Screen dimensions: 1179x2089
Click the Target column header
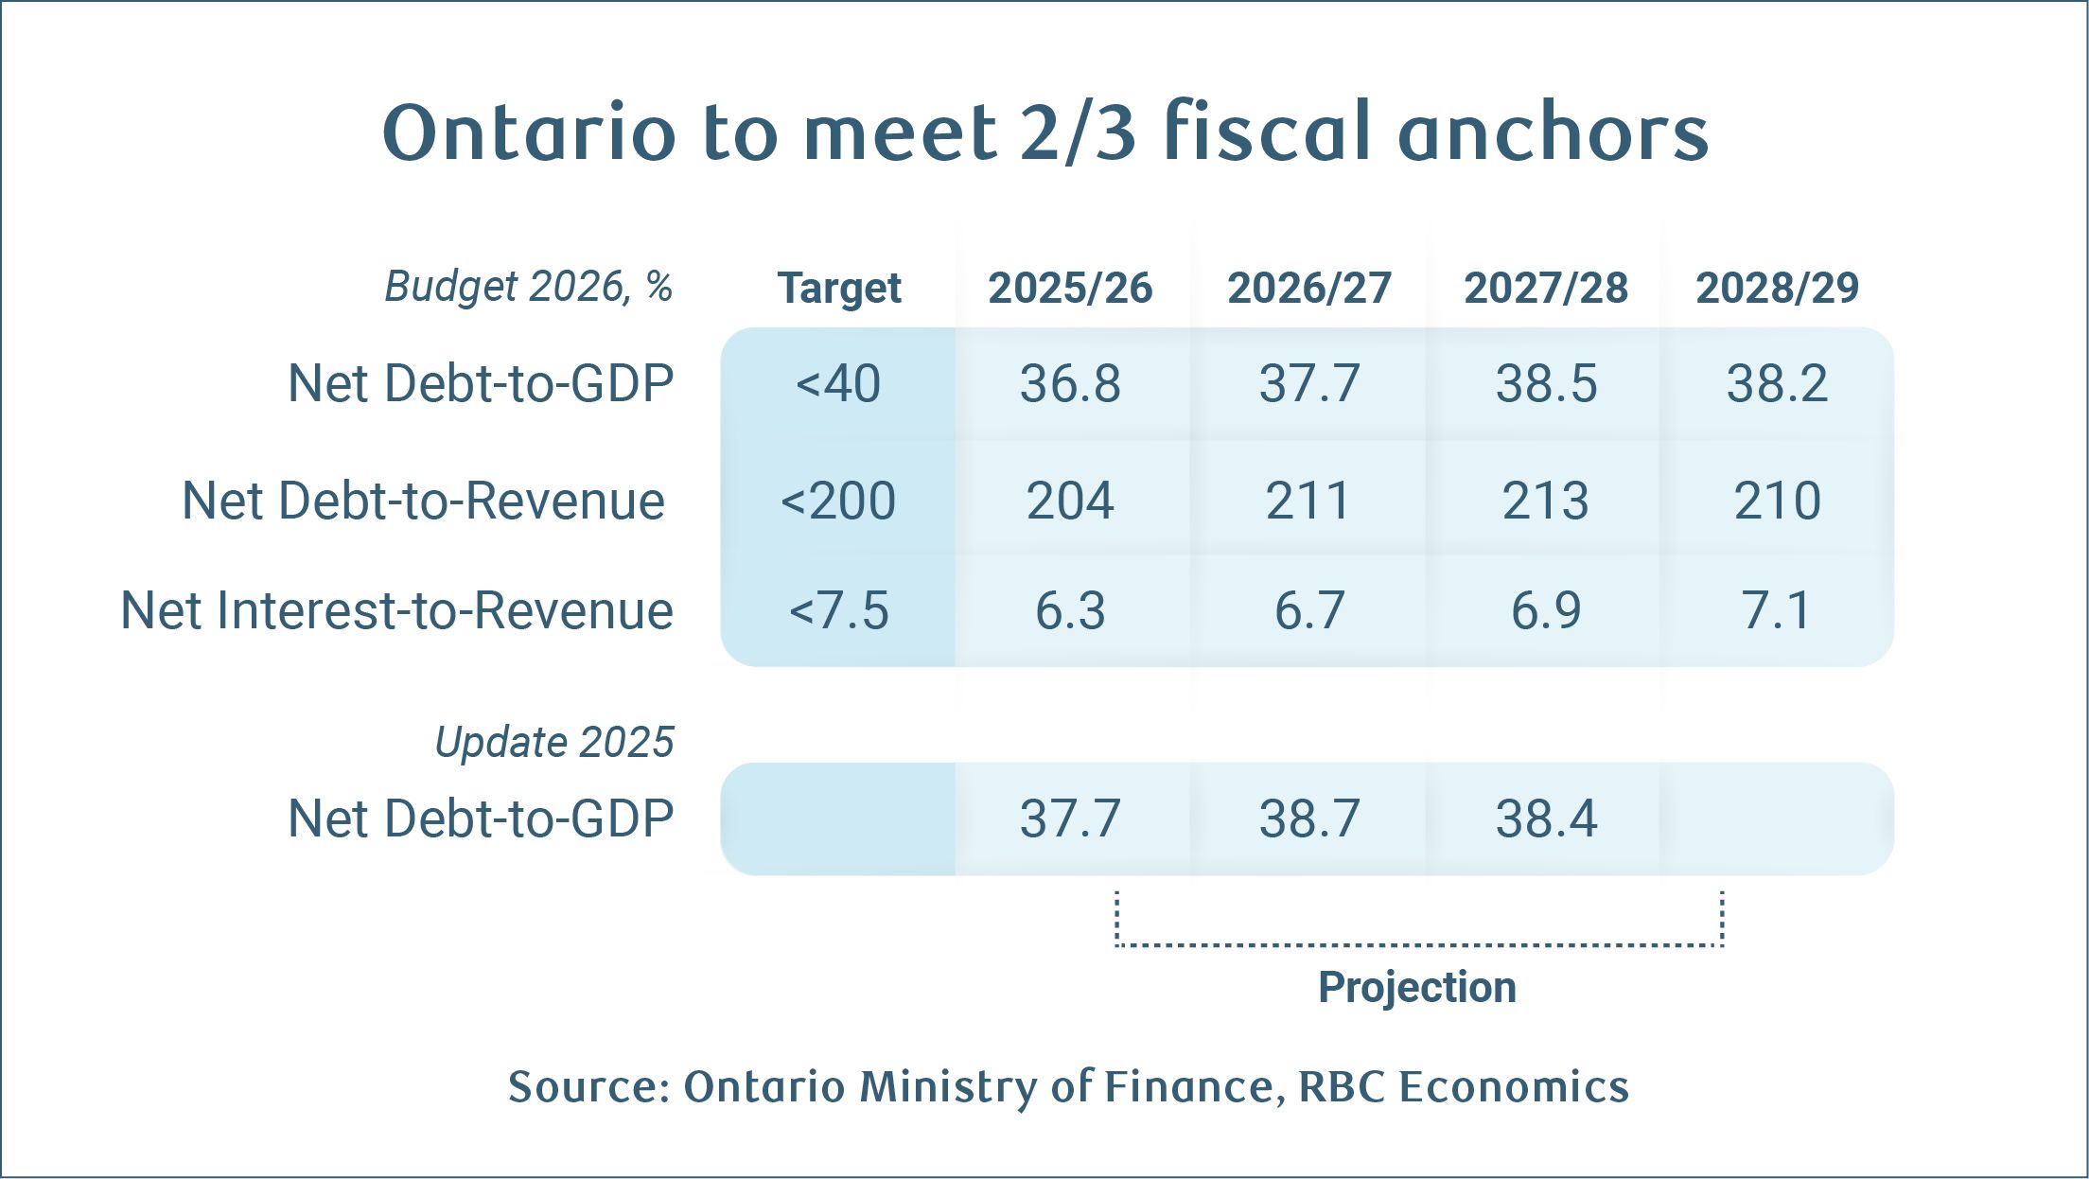click(838, 288)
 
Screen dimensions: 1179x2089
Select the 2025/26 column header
click(1070, 288)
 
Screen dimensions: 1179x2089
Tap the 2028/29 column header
click(1777, 288)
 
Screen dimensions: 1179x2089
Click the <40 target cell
click(838, 383)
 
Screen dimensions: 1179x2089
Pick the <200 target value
click(838, 501)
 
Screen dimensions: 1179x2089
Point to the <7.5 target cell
click(838, 610)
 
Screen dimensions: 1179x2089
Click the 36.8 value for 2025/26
click(1070, 383)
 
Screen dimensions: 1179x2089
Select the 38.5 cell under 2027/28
click(1546, 383)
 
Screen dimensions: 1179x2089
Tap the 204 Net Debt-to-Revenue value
click(1070, 501)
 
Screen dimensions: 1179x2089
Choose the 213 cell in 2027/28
click(1546, 501)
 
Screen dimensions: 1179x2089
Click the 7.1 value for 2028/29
click(1777, 610)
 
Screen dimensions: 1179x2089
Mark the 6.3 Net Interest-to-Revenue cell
click(1070, 610)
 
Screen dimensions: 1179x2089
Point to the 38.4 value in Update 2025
click(1546, 818)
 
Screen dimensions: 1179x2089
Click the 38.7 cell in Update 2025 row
click(1309, 818)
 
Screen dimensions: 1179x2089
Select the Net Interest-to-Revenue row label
click(397, 610)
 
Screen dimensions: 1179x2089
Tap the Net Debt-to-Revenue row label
click(423, 501)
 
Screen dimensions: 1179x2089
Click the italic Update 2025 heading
click(554, 742)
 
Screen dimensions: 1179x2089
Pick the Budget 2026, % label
click(528, 286)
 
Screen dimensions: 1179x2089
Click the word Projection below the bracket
click(1417, 987)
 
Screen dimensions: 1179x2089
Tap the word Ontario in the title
click(529, 132)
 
